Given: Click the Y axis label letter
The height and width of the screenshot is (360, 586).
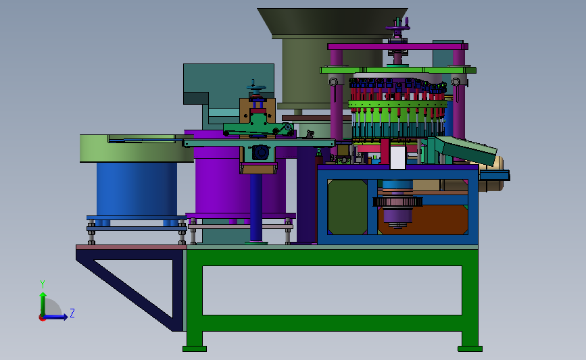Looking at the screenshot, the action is (43, 284).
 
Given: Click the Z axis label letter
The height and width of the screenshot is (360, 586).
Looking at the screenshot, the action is (72, 313).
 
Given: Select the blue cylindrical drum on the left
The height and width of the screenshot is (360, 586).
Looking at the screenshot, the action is (137, 188).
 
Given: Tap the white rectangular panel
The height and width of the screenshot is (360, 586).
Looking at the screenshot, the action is (397, 157).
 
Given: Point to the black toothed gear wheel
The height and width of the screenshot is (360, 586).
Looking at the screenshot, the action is (398, 202).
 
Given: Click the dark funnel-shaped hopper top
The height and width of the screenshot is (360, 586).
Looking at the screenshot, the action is (333, 22).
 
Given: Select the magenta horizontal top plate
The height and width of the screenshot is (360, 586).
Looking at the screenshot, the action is (397, 47).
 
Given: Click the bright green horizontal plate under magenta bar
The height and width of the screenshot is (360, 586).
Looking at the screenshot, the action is (398, 70).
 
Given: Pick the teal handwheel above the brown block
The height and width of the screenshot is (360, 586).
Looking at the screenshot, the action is (256, 88).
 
